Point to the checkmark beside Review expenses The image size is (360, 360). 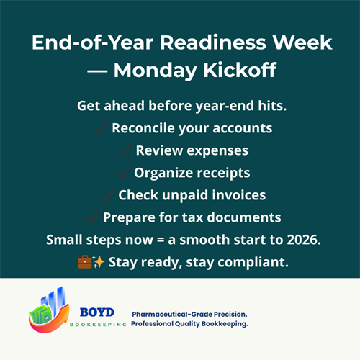pyautogui.click(x=125, y=150)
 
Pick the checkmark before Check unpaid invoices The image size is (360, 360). pyautogui.click(x=107, y=194)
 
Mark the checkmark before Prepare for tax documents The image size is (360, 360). pyautogui.click(x=92, y=217)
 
